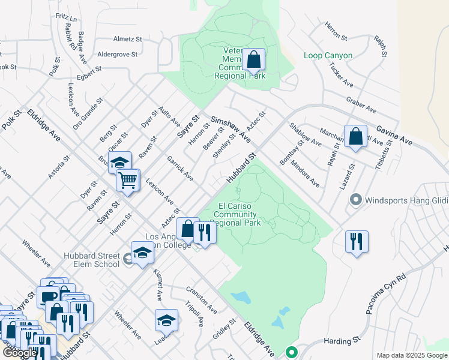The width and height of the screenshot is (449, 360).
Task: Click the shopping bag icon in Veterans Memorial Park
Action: click(254, 60)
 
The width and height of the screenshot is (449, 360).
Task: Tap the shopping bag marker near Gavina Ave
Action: click(355, 136)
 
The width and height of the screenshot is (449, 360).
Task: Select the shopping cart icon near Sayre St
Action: click(128, 180)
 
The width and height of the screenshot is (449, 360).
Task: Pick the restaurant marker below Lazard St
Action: click(357, 242)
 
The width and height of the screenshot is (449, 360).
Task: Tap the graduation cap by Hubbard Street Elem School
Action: click(142, 253)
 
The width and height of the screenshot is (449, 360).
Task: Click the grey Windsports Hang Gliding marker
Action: click(356, 199)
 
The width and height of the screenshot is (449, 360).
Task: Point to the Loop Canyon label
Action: click(328, 56)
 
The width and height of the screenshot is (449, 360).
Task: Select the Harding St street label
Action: click(340, 341)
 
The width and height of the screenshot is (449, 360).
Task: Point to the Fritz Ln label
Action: click(66, 19)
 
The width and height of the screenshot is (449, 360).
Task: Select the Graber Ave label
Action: click(360, 106)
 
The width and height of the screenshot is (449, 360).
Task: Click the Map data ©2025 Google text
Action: click(411, 355)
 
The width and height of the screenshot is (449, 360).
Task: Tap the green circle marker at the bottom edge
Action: click(292, 353)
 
